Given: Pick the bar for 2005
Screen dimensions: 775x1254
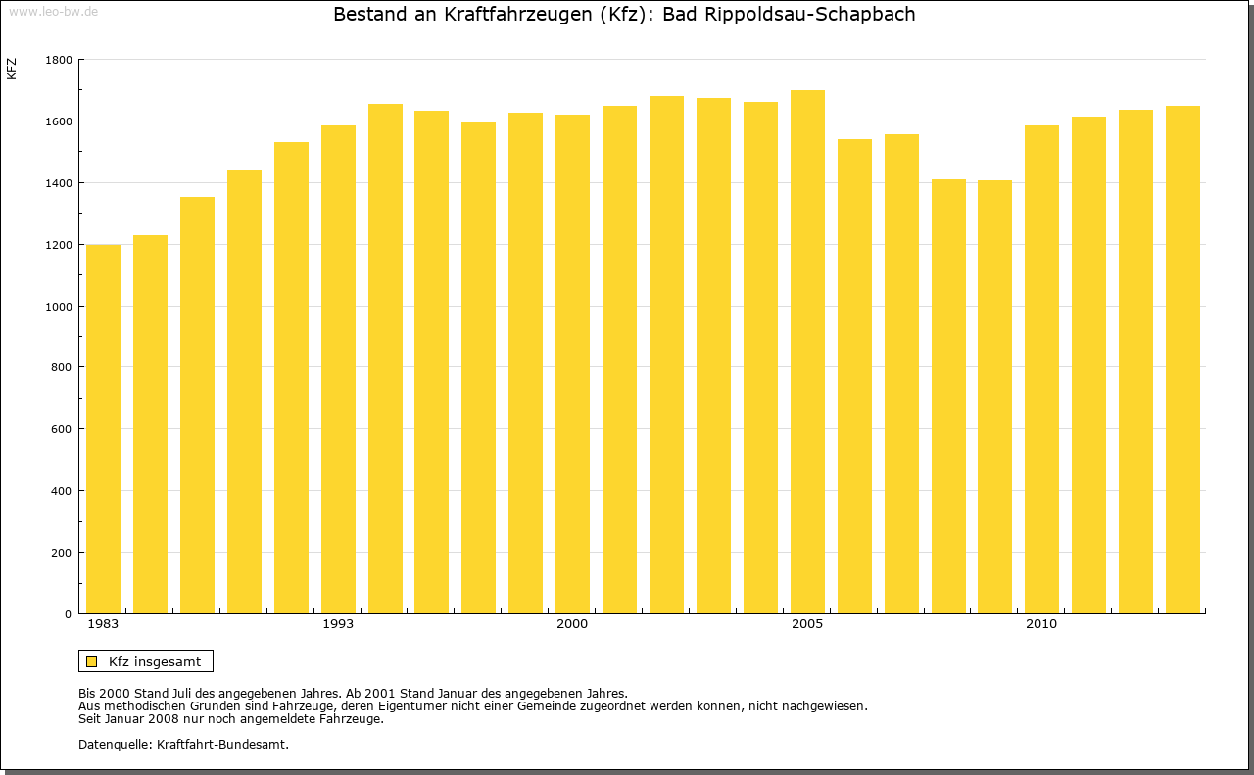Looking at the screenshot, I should coord(807,352).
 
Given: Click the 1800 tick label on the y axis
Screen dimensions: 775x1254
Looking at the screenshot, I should coord(59,60).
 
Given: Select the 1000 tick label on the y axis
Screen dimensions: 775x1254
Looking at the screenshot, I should coord(59,307).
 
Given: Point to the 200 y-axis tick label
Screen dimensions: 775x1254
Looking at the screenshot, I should coord(63,553).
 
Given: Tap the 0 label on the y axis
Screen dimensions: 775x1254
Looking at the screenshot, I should coord(69,614).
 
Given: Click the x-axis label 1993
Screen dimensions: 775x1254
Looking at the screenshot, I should coord(338,624).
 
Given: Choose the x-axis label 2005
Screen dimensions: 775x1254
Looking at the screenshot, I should coord(807,624).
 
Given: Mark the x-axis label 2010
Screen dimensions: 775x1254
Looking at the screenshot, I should coord(1041,624).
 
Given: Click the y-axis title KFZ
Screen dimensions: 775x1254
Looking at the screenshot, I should coord(12,70).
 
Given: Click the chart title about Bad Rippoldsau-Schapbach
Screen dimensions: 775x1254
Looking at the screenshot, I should coord(624,15).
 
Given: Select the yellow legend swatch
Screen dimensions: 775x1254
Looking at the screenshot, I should coord(92,661).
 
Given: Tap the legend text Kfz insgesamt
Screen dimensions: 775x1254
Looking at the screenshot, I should coord(155,661).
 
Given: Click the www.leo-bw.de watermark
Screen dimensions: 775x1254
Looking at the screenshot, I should coord(52,11).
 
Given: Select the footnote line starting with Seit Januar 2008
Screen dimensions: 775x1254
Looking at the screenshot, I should coord(230,718).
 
